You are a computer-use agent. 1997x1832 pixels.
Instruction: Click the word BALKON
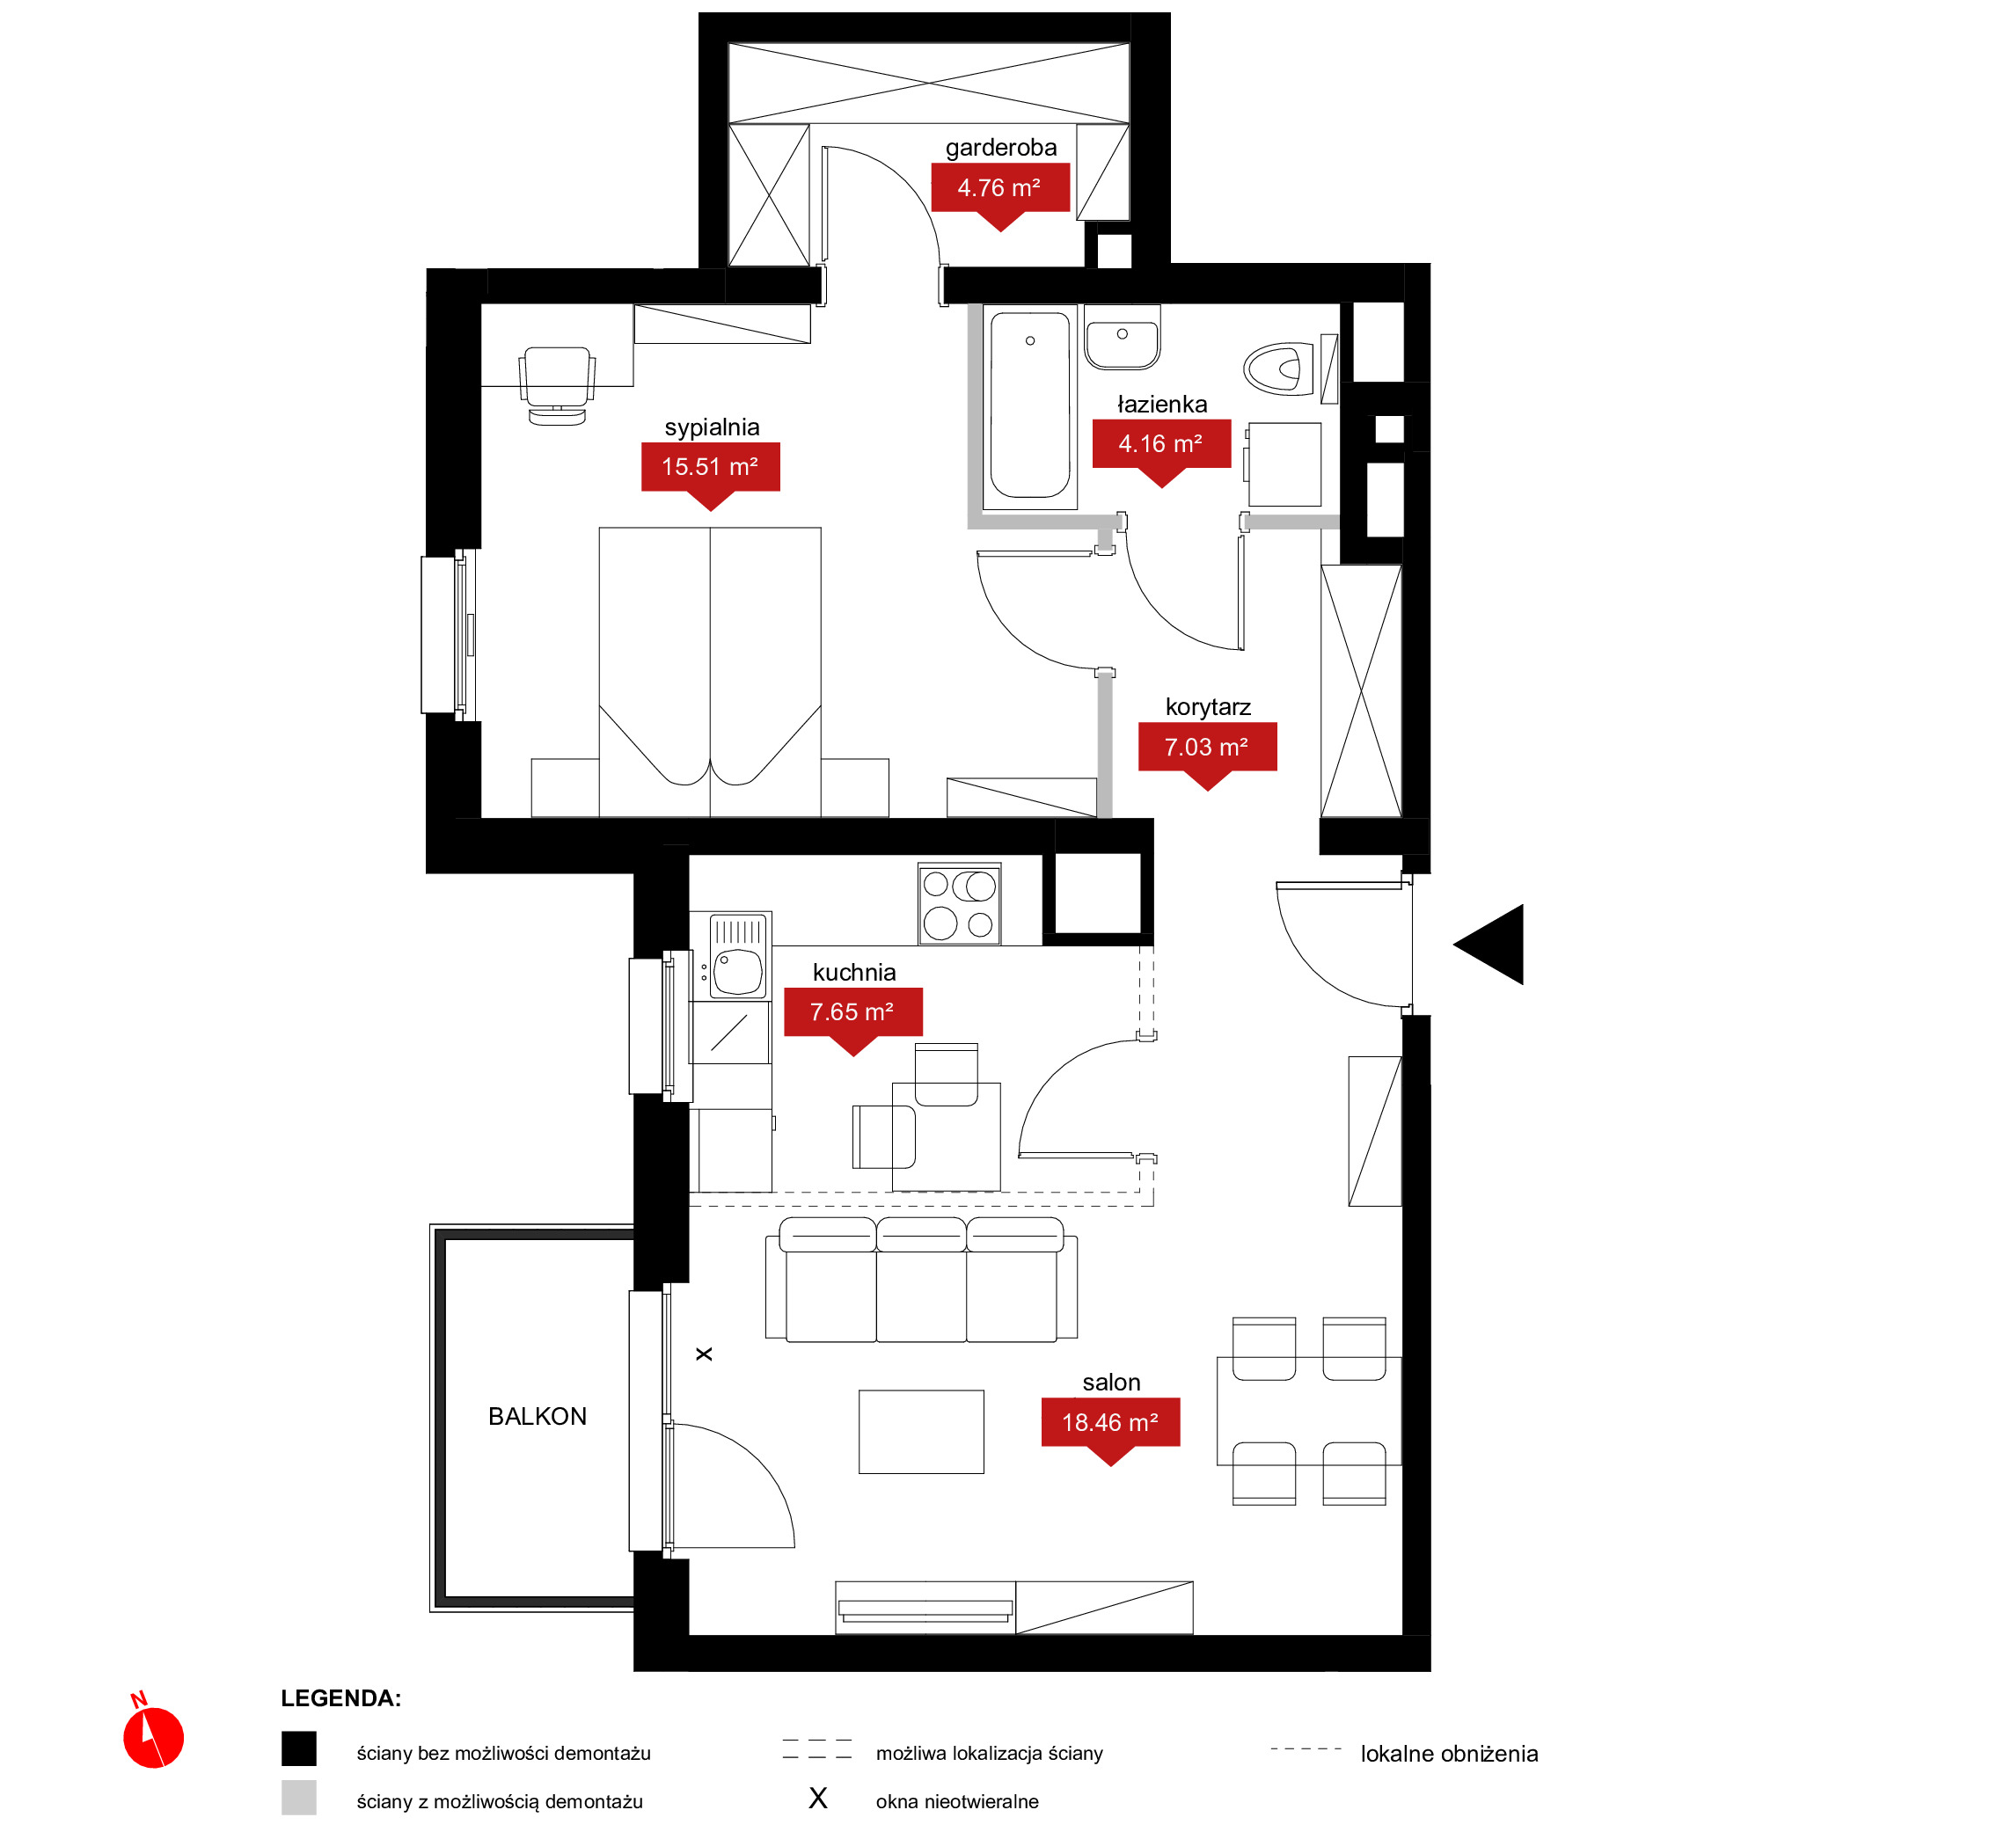pyautogui.click(x=538, y=1417)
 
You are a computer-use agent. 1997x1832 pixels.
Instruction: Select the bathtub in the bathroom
pyautogui.click(x=1030, y=405)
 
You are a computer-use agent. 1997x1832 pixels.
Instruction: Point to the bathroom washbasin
pyautogui.click(x=1123, y=337)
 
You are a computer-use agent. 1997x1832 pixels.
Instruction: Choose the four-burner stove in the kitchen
pyautogui.click(x=959, y=903)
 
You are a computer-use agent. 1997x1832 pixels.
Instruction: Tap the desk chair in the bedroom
pyautogui.click(x=557, y=385)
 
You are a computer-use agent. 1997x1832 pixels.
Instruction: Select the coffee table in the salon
pyautogui.click(x=921, y=1432)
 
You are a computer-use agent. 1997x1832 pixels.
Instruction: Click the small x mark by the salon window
pyautogui.click(x=704, y=1354)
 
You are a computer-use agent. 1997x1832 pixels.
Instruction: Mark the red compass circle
pyautogui.click(x=154, y=1738)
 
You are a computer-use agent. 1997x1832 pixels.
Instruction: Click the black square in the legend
pyautogui.click(x=298, y=1748)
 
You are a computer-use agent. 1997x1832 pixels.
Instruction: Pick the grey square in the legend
pyautogui.click(x=298, y=1798)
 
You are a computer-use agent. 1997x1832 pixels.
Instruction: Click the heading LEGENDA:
pyautogui.click(x=341, y=1698)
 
